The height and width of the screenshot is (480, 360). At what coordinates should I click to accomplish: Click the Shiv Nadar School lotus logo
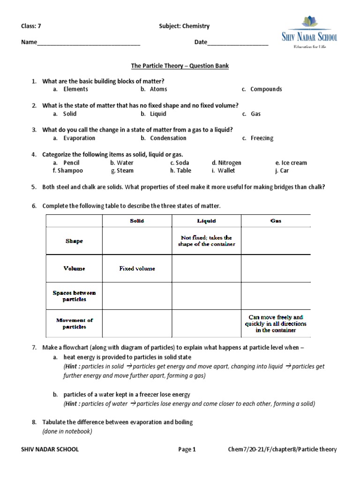[x=309, y=22]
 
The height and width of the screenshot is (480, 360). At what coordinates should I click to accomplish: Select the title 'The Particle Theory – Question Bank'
[x=179, y=66]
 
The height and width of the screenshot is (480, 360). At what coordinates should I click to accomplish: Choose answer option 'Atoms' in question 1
[x=158, y=89]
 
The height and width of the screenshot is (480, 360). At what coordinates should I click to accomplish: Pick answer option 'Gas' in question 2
[x=255, y=114]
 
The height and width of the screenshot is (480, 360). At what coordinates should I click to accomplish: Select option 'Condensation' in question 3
[x=168, y=138]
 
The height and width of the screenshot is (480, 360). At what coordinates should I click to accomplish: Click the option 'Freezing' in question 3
[x=262, y=138]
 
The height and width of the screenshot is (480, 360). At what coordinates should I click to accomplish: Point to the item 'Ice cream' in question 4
[x=294, y=163]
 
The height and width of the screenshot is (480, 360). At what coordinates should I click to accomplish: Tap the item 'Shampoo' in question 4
[x=68, y=171]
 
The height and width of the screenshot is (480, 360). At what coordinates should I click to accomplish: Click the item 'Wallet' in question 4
[x=226, y=171]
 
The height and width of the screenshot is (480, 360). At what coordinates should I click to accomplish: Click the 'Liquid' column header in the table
[x=207, y=221]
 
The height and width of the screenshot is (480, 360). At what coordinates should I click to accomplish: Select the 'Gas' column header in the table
[x=276, y=221]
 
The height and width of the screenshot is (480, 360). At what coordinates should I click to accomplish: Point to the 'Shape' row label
[x=74, y=241]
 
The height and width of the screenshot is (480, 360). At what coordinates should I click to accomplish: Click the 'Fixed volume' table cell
[x=137, y=269]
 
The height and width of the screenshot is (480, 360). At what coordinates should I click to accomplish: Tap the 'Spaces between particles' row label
[x=74, y=296]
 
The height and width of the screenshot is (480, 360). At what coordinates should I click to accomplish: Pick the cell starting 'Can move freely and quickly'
[x=276, y=323]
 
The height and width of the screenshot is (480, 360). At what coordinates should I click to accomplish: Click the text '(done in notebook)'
[x=67, y=431]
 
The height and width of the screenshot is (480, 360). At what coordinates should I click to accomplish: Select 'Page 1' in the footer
[x=187, y=450]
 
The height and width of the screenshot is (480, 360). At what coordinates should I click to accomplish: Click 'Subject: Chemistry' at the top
[x=184, y=26]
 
